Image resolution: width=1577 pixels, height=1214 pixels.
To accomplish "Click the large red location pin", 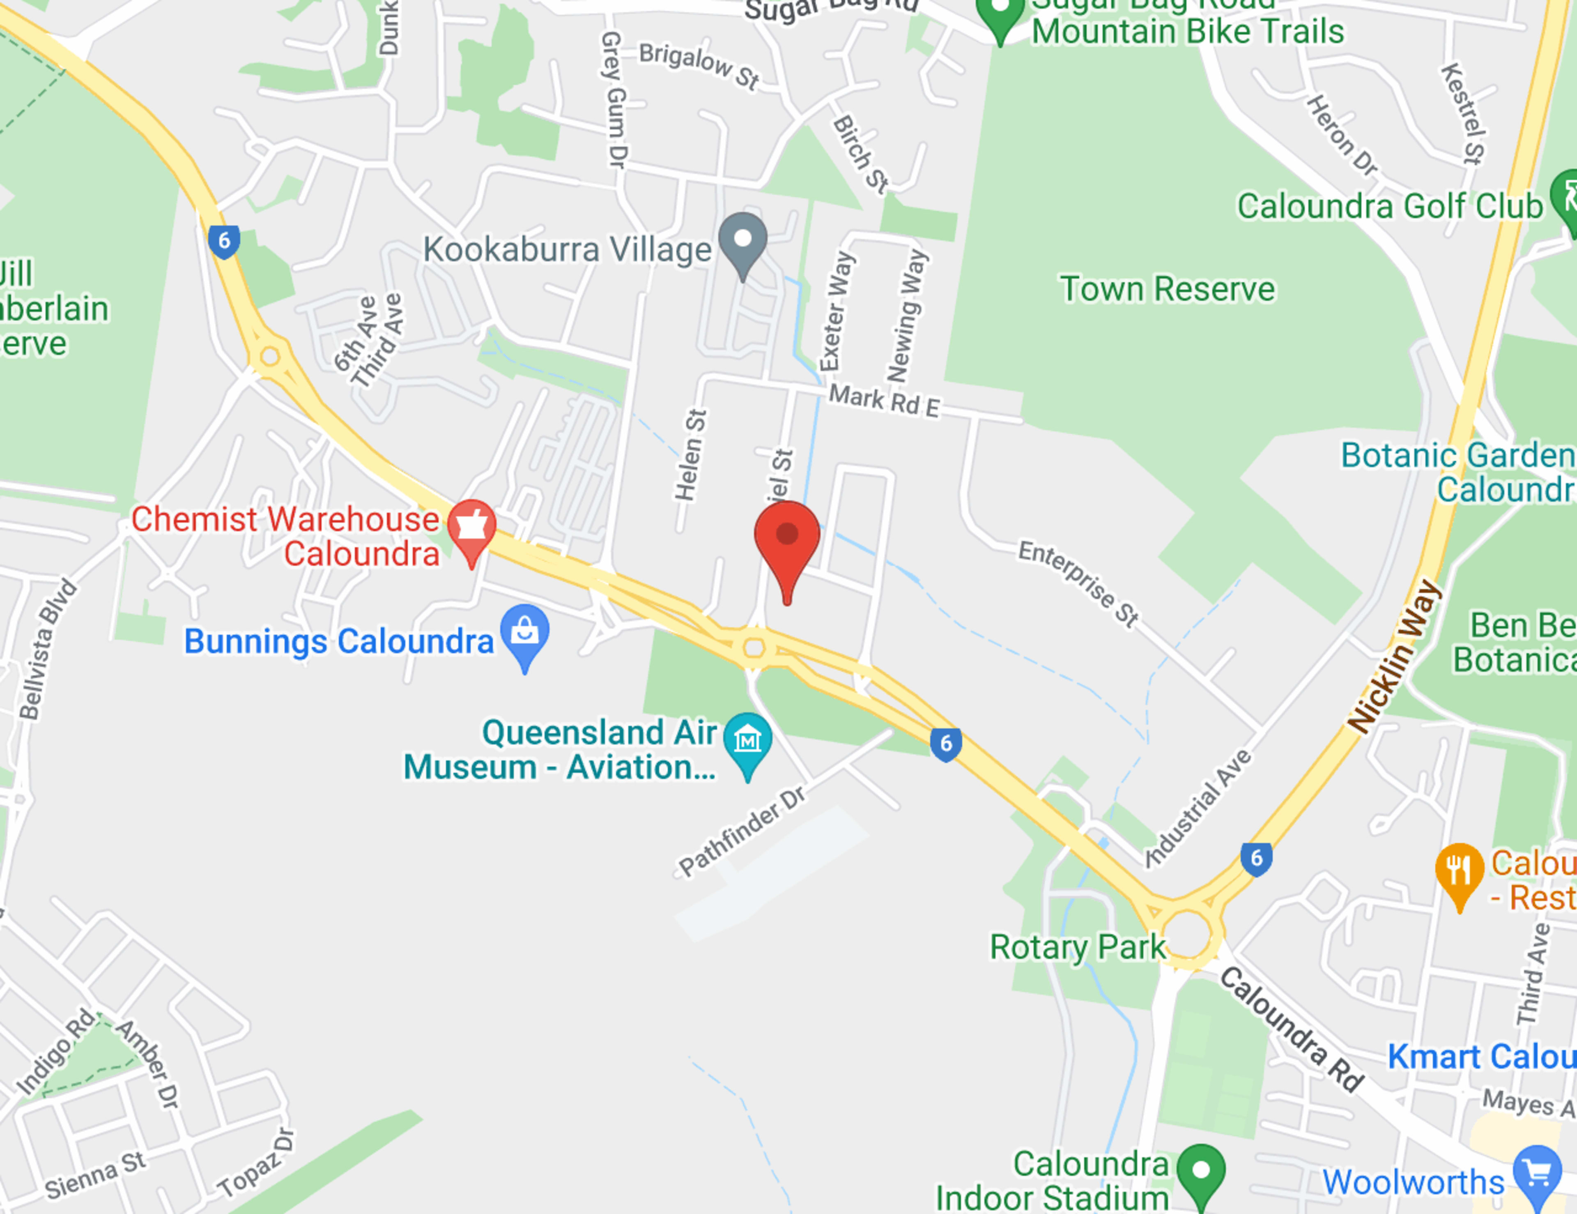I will click(x=787, y=538).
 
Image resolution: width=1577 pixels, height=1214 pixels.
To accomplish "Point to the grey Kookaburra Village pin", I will click(x=742, y=240).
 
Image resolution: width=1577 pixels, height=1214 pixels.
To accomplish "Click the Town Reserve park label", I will click(x=1167, y=289).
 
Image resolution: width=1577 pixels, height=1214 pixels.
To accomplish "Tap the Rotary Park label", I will click(x=1077, y=947).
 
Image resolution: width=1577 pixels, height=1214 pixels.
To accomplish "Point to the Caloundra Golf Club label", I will click(x=1390, y=207).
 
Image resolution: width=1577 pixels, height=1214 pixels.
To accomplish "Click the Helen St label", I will click(x=690, y=455).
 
